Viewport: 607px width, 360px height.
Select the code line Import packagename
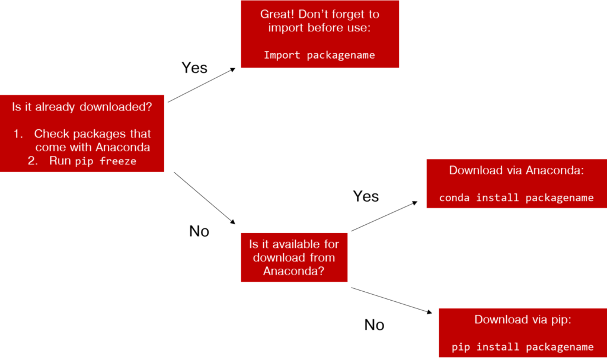click(x=320, y=55)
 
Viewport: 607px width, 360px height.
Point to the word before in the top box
click(x=326, y=28)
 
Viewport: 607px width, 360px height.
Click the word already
click(x=54, y=107)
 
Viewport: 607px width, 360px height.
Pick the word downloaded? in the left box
click(x=116, y=107)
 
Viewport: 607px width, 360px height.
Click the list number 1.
click(x=18, y=134)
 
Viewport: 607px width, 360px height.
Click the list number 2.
click(x=33, y=161)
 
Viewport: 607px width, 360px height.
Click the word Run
click(x=60, y=161)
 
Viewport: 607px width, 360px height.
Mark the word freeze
click(x=118, y=161)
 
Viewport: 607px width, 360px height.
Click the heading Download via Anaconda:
click(x=516, y=171)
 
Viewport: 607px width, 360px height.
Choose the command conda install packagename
click(x=516, y=197)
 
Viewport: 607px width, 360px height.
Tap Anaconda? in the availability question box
click(x=294, y=272)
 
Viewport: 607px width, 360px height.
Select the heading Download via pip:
click(x=522, y=320)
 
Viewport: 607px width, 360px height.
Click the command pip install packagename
click(x=522, y=347)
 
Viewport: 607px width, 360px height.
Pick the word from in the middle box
click(x=323, y=258)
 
